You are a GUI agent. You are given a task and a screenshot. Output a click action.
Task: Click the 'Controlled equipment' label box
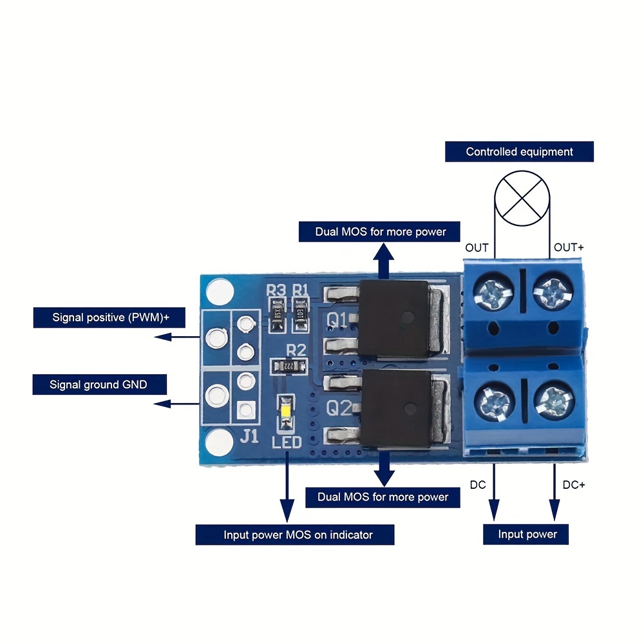point(519,152)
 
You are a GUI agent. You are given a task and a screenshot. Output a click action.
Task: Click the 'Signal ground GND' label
point(99,385)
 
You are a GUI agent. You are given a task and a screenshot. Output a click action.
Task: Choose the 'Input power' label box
point(527,534)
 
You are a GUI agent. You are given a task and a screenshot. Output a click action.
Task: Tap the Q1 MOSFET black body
point(392,319)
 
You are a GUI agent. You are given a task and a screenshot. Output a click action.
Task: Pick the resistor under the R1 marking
point(301,316)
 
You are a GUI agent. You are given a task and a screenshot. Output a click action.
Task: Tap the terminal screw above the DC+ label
point(553,404)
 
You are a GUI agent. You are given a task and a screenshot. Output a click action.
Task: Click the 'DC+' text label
point(574,485)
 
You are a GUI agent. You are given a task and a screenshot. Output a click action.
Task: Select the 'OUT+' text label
point(570,247)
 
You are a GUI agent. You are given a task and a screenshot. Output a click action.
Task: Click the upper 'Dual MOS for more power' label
point(381,231)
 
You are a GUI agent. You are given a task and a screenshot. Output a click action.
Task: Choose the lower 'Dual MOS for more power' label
point(383,497)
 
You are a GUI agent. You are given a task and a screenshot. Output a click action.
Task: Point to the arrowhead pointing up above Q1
point(385,253)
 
